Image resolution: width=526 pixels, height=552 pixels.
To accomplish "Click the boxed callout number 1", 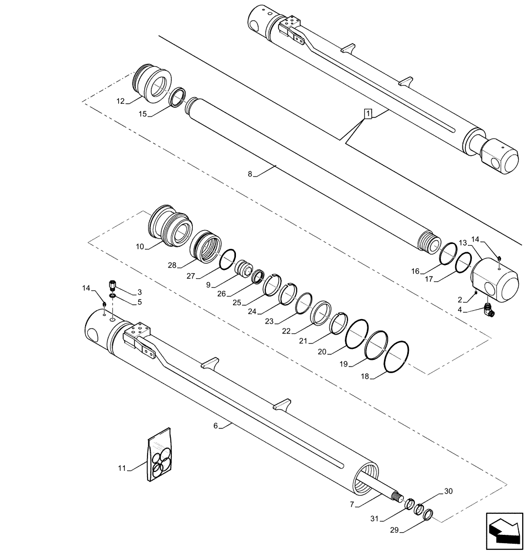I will click(368, 114).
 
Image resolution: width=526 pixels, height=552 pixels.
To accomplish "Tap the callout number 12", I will click(120, 101).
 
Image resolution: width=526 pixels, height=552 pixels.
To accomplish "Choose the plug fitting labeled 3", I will click(113, 286).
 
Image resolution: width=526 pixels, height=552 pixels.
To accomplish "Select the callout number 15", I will click(142, 114).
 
